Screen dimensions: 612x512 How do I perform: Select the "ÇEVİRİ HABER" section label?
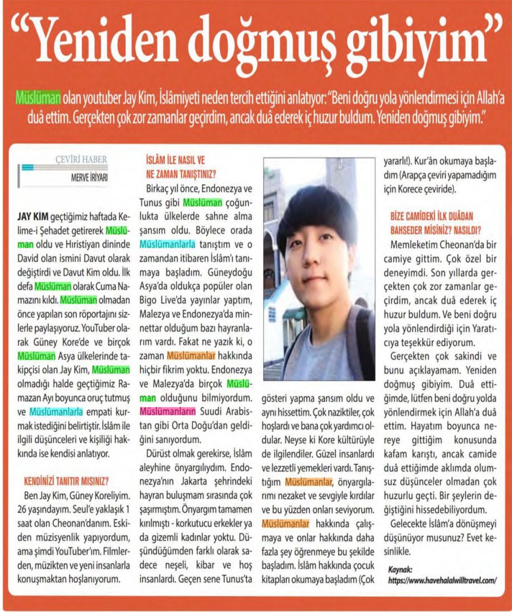(81, 159)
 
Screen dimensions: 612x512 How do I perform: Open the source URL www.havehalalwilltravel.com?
(442, 581)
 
